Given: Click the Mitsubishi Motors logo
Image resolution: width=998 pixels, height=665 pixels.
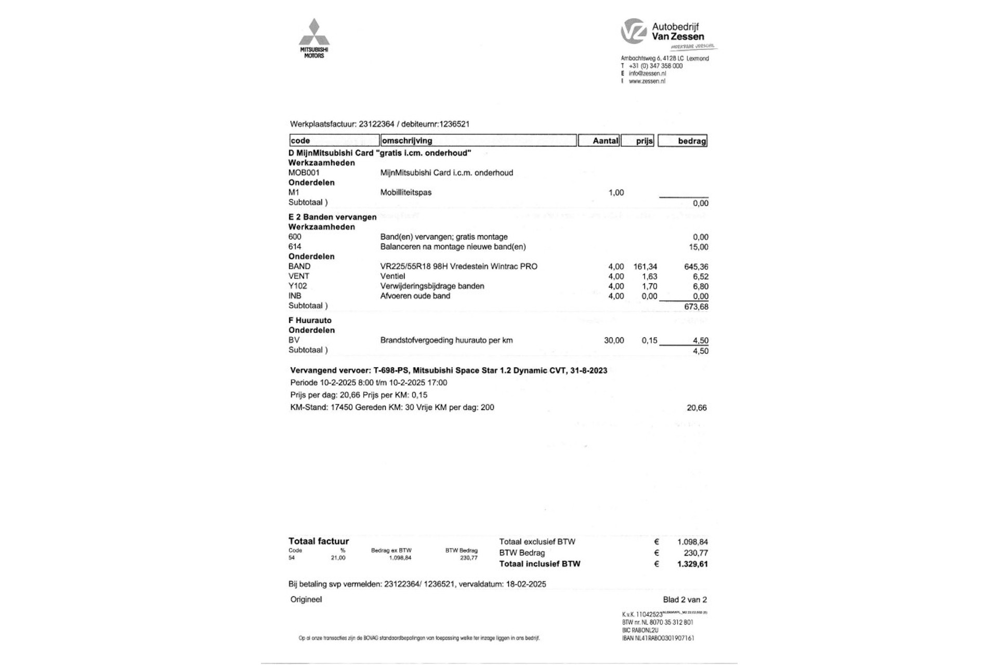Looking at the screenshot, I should [314, 38].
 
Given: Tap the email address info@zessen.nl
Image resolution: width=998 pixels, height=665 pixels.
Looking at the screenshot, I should [647, 74].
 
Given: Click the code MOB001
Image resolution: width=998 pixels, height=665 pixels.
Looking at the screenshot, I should [304, 172].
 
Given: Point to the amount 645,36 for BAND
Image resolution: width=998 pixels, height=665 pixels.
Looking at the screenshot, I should [696, 267].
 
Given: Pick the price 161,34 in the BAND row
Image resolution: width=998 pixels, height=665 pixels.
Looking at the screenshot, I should [645, 267].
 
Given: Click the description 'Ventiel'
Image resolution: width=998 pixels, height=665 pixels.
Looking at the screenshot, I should [392, 276].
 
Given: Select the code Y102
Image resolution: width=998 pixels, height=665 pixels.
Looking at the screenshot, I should [298, 286].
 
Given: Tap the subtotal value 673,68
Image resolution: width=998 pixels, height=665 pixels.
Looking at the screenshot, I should [696, 307].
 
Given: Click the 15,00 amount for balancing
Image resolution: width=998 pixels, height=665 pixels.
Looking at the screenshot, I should [698, 247].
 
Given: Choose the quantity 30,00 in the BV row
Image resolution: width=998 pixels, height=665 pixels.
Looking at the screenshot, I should [614, 340].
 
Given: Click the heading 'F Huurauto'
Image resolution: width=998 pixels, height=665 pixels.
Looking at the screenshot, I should [310, 321].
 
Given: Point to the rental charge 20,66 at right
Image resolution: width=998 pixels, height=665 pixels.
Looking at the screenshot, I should [697, 408].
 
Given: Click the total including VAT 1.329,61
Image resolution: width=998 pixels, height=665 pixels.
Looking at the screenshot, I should [692, 564].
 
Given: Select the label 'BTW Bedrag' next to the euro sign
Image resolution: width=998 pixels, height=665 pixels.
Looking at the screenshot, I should [522, 553].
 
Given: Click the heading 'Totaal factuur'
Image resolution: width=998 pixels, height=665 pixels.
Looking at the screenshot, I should [319, 541].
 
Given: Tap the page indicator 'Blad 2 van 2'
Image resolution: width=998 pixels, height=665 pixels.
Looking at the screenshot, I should [685, 600].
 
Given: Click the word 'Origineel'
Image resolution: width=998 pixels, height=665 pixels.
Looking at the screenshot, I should [306, 600].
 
